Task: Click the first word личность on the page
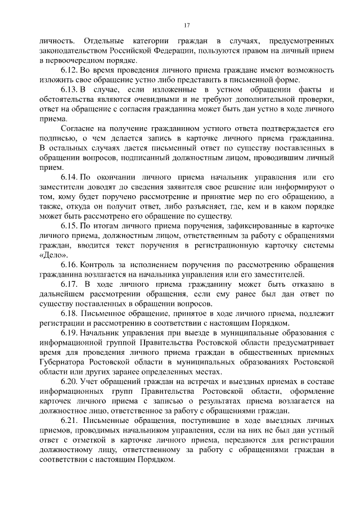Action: (55, 42)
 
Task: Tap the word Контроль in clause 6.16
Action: (98, 265)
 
